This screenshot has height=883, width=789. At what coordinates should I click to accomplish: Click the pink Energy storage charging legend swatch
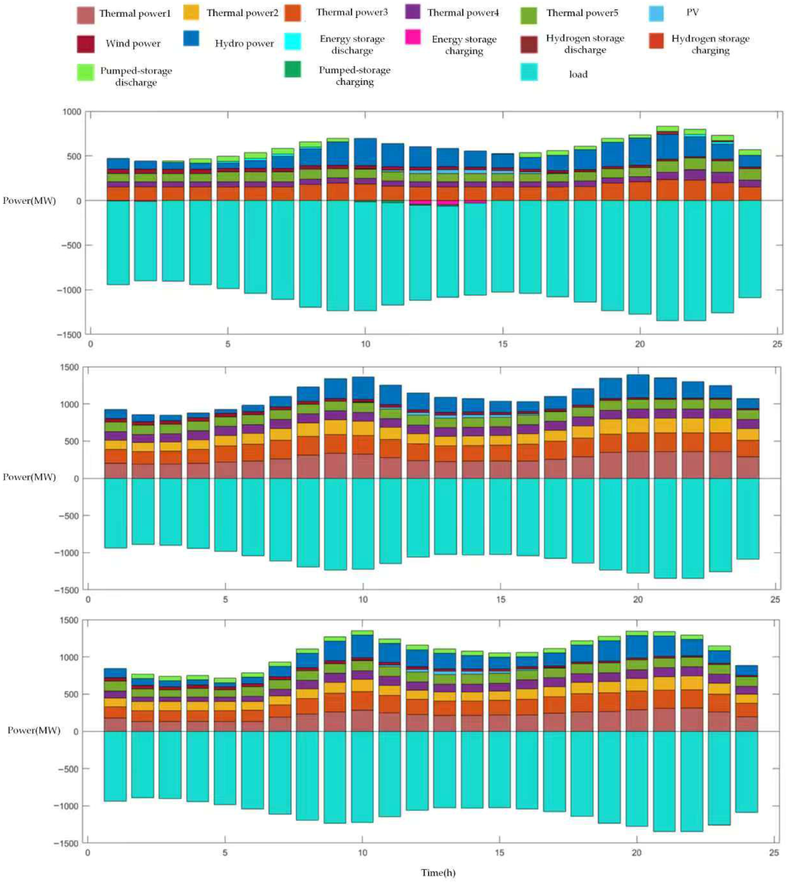click(413, 38)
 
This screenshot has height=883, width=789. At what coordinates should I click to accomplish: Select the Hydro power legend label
click(244, 44)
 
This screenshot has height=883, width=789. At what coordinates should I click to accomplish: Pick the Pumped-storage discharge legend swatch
click(85, 72)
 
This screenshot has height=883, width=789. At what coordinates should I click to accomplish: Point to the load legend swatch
click(529, 72)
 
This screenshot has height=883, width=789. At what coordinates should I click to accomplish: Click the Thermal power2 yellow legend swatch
click(191, 13)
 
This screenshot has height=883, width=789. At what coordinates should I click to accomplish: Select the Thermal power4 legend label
click(463, 13)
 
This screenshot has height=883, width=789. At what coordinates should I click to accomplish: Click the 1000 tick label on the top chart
click(72, 112)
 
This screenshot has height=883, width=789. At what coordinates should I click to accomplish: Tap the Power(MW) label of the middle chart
click(30, 477)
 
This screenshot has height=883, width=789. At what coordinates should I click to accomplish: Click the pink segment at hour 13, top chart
click(447, 203)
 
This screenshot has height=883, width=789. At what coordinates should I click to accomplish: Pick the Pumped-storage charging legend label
click(354, 76)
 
